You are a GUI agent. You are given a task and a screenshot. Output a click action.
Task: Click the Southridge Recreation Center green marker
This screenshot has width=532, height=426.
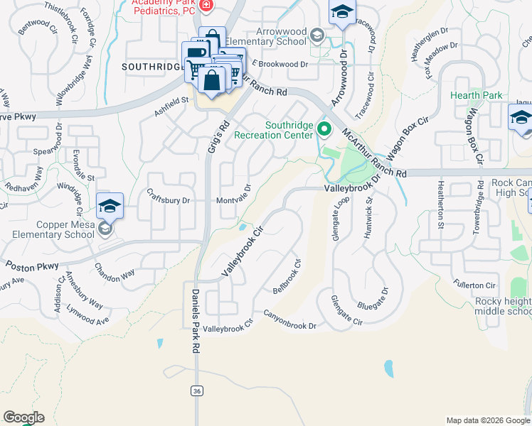(325, 129)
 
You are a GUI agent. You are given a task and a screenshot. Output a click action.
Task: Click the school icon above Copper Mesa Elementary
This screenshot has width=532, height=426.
(110, 206)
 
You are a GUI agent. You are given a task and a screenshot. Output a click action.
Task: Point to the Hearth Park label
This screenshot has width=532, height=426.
(477, 95)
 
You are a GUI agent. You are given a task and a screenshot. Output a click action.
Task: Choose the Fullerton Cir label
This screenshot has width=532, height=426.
(474, 285)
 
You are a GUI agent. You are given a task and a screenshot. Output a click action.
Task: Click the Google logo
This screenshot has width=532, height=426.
(23, 417)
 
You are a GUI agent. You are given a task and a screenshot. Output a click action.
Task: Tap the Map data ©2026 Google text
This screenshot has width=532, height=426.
(489, 420)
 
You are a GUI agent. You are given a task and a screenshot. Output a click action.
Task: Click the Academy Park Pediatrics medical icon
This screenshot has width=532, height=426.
(206, 6)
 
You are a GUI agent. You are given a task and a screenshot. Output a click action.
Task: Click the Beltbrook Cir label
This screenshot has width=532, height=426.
(287, 277)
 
